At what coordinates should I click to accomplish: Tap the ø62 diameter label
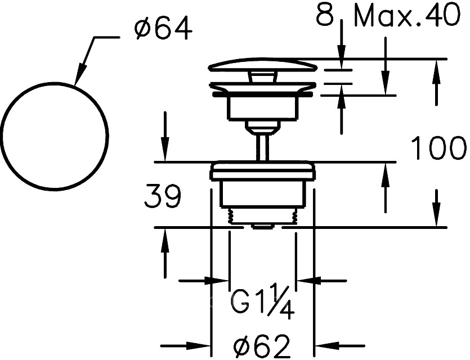click(x=262, y=345)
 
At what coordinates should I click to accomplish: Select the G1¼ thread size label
click(x=262, y=301)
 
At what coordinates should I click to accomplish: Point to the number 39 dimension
click(x=163, y=196)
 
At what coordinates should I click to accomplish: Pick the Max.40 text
click(x=407, y=16)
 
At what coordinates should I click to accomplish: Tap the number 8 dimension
click(x=325, y=14)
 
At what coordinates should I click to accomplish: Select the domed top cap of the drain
click(x=262, y=65)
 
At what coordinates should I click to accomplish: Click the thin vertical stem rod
click(x=262, y=148)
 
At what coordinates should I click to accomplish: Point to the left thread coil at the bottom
click(x=231, y=216)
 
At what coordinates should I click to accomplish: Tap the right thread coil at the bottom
click(x=294, y=216)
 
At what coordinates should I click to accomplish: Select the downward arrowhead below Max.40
click(x=385, y=84)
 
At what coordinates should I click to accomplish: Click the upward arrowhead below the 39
click(x=164, y=240)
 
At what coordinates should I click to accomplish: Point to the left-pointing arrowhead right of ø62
click(x=326, y=345)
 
